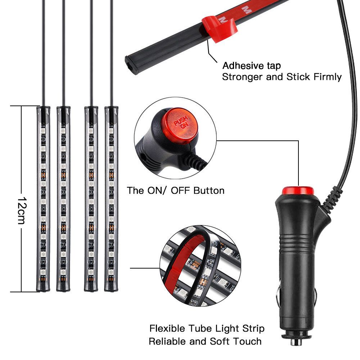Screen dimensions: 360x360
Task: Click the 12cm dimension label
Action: pos(22,210)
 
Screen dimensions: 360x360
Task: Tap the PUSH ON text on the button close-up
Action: pos(181,122)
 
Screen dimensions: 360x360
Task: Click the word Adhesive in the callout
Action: pos(243,66)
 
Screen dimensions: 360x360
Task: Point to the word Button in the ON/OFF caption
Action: pos(209,190)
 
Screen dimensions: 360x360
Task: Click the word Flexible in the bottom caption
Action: pos(167,328)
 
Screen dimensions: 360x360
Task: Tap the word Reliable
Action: pos(167,341)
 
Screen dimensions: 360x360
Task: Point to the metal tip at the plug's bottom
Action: pos(296,341)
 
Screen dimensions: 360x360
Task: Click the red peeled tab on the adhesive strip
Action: pos(219,28)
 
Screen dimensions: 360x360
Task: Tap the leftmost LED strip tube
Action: pos(43,199)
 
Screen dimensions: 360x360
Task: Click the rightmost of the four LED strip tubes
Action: pos(111,199)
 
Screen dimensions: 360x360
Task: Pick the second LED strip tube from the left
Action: pos(63,199)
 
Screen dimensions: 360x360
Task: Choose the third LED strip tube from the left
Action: pos(91,199)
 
